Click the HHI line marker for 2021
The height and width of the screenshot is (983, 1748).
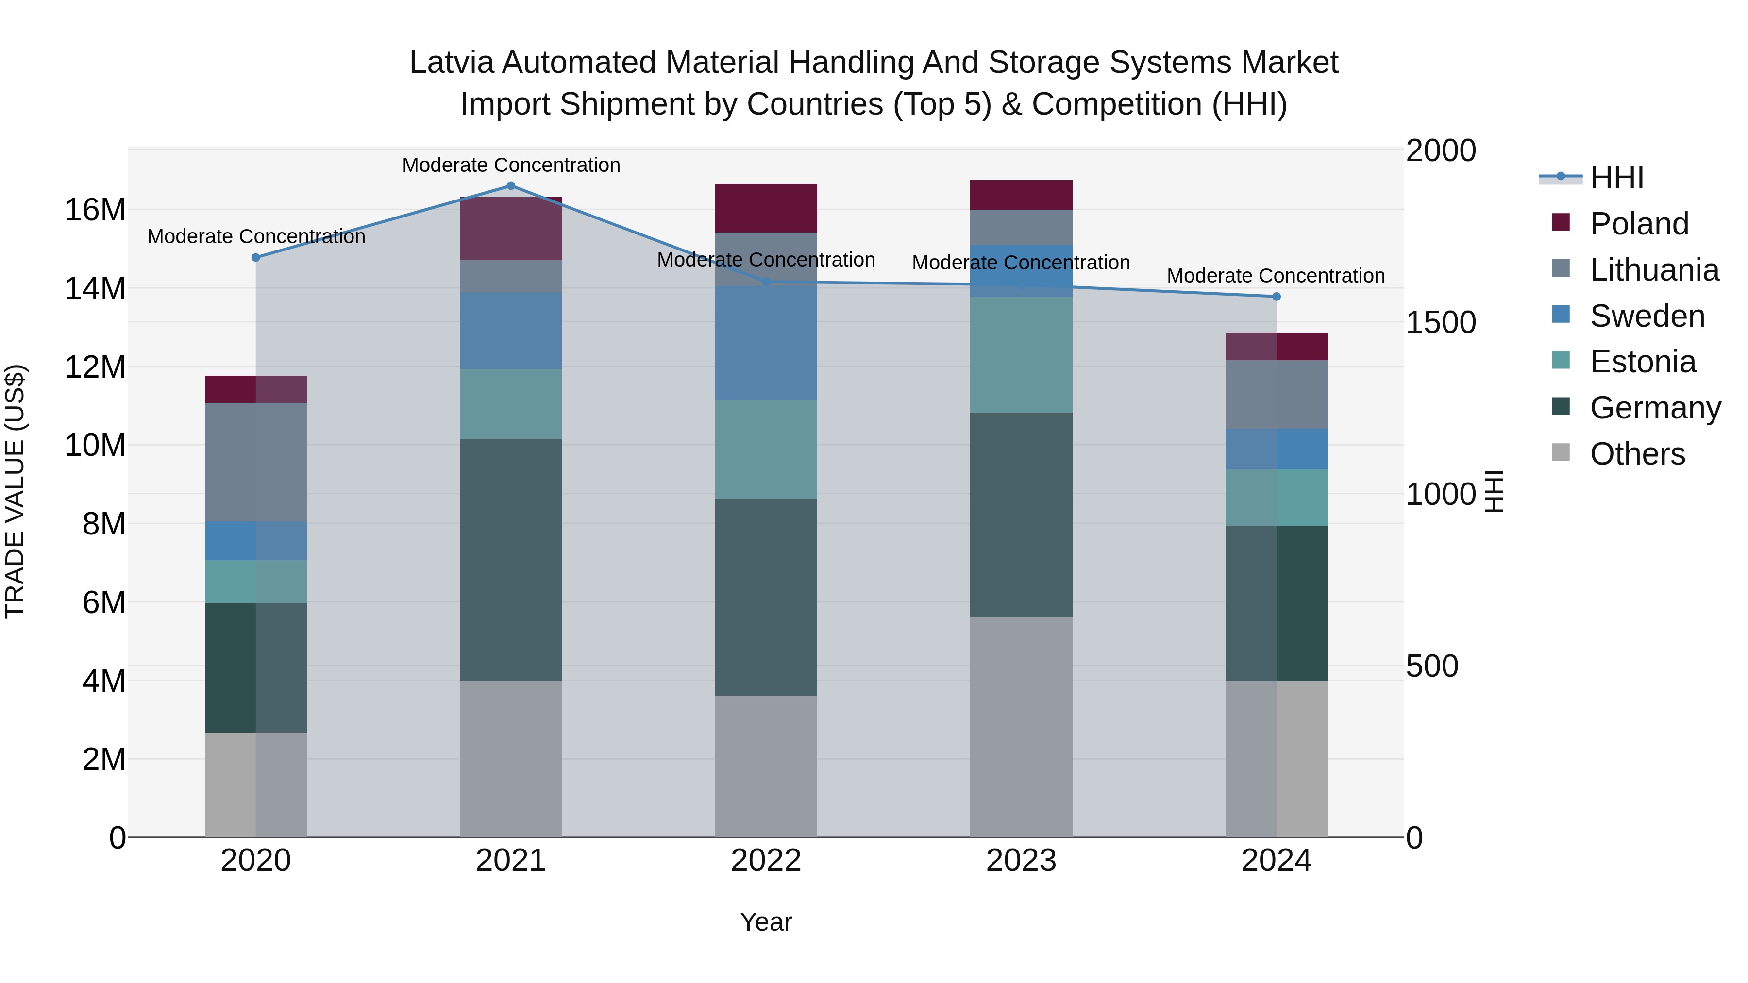[511, 186]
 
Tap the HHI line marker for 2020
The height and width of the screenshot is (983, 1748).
[256, 258]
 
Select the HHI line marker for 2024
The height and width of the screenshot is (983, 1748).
[1277, 297]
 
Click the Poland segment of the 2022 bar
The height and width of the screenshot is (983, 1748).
[766, 208]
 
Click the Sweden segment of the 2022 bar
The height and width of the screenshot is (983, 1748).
[766, 343]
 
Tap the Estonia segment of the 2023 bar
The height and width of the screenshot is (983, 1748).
[1021, 355]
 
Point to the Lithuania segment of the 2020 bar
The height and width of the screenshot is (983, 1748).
[256, 462]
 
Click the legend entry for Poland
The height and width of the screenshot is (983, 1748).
[1639, 224]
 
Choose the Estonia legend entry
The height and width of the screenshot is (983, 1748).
[1642, 362]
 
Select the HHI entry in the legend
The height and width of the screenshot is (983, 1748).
[1616, 178]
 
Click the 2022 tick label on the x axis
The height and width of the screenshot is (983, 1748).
[766, 861]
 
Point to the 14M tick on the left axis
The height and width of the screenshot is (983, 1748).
[95, 288]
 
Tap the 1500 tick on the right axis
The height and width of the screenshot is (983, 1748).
[1441, 322]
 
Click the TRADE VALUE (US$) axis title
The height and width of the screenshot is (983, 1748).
[15, 491]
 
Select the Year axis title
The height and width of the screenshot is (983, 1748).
[766, 922]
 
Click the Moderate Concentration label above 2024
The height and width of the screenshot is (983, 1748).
[1276, 276]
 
